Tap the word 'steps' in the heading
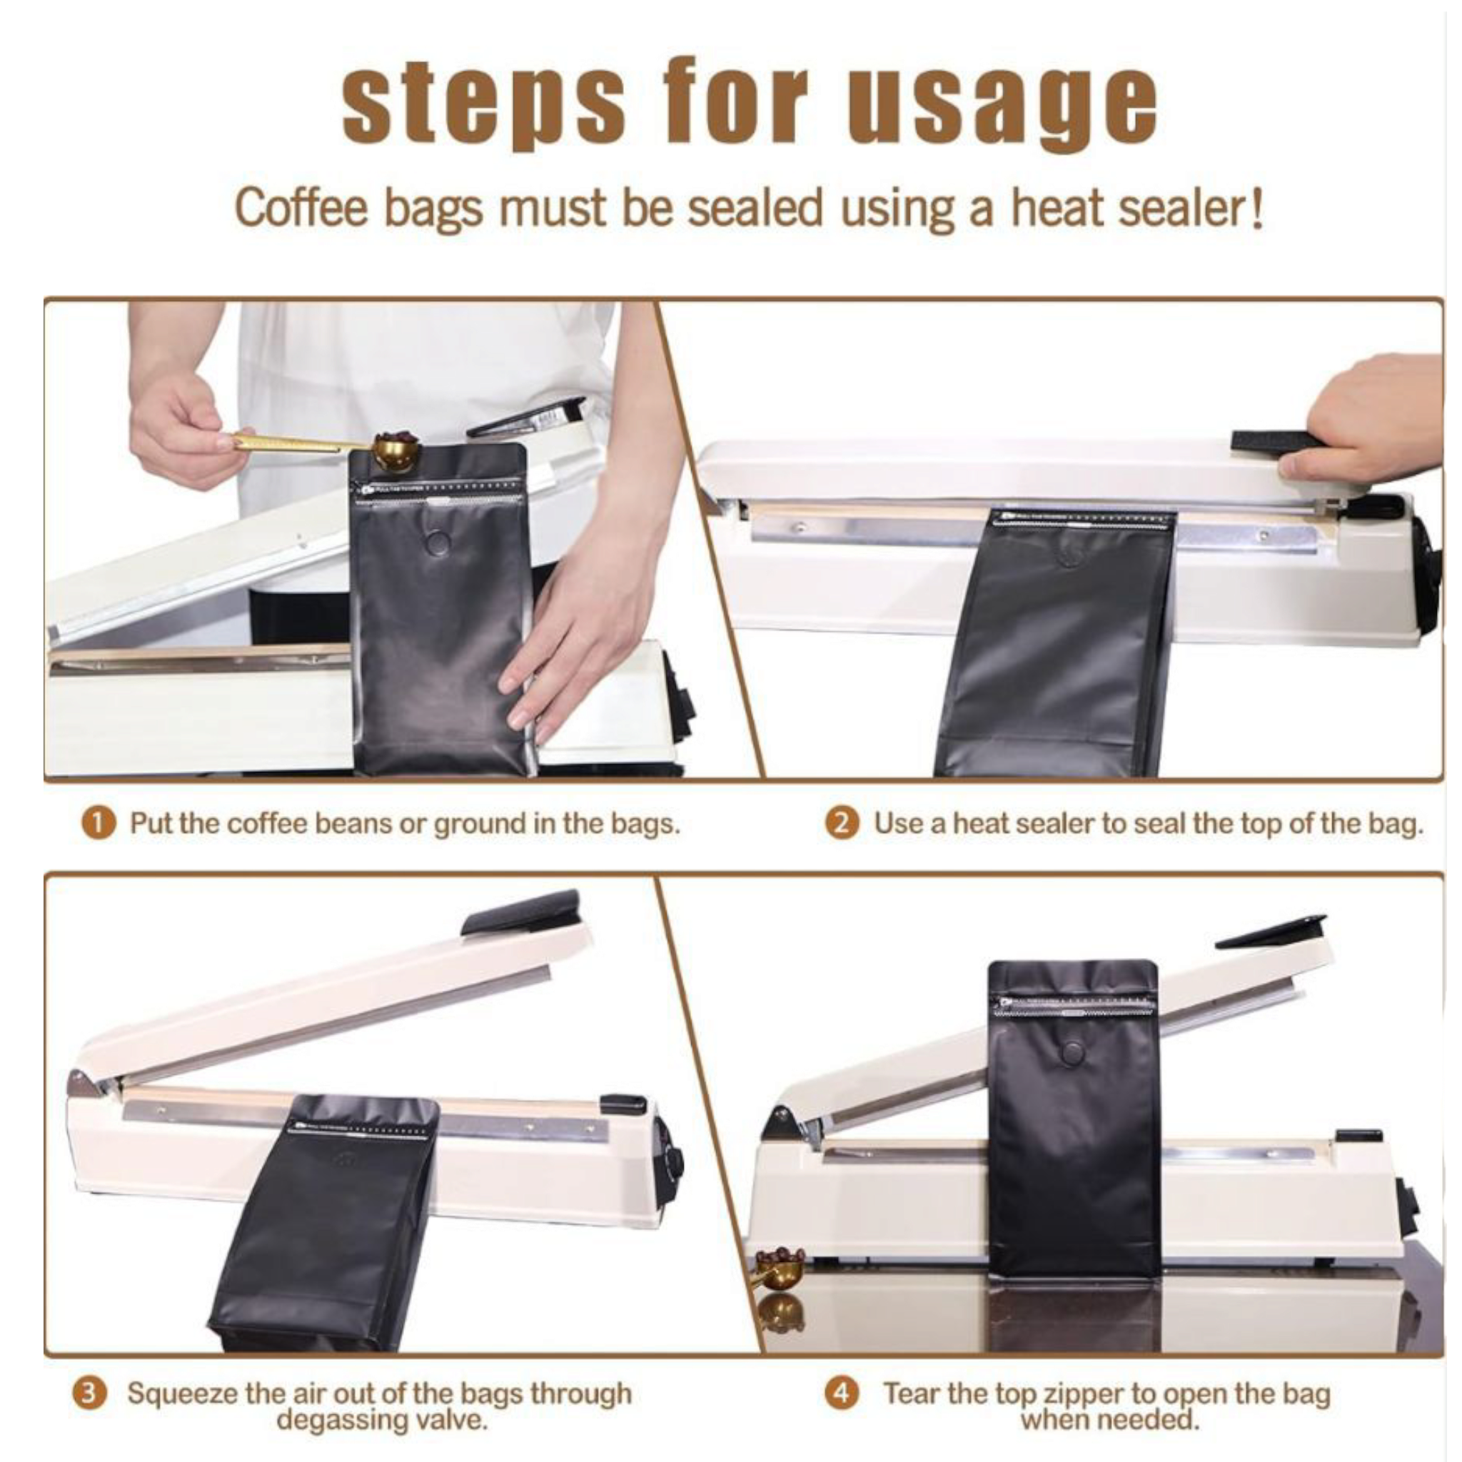483,102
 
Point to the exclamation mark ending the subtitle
1256,207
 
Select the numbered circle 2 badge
842,822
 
